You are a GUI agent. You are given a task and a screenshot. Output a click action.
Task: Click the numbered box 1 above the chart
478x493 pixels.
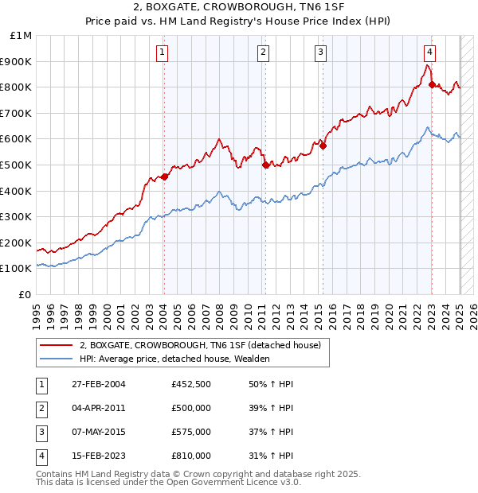point(163,53)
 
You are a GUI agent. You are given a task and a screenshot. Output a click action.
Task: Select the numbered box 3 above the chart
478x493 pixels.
point(320,53)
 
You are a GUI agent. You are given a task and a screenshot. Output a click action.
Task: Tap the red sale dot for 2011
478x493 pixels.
point(265,165)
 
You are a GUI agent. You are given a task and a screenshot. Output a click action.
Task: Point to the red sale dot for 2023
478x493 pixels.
point(432,84)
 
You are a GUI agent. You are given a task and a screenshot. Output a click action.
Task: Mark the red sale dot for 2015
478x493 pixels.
point(323,146)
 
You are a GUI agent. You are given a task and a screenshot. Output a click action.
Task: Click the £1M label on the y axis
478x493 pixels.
point(22,36)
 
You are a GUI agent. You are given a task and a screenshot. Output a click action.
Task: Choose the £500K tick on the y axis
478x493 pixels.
point(18,165)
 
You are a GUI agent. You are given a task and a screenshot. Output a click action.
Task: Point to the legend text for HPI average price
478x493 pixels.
point(174,359)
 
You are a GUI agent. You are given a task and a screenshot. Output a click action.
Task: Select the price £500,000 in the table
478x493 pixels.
point(191,409)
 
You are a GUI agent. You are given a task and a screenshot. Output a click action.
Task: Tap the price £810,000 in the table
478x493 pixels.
point(191,456)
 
